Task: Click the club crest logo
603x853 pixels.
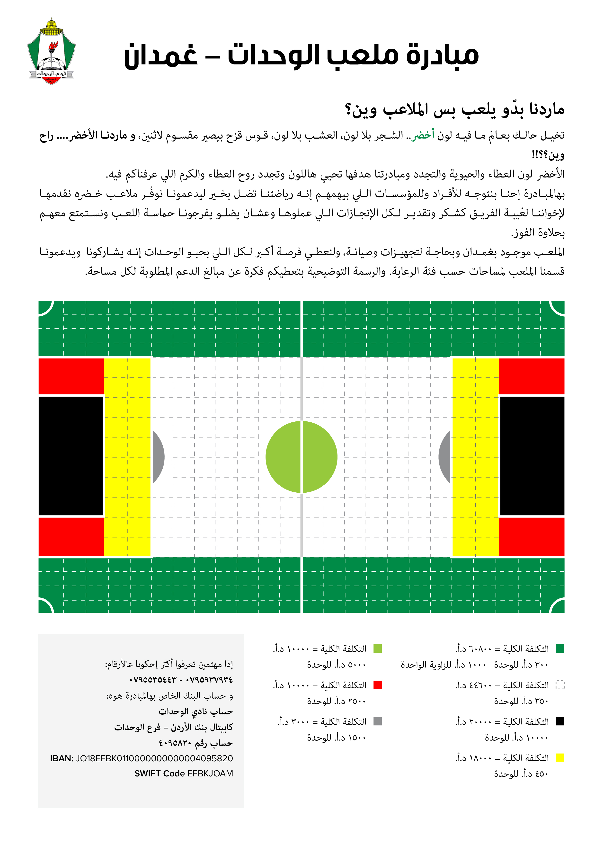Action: coord(51,52)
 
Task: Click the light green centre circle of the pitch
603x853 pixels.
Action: coord(301,457)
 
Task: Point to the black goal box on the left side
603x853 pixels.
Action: coord(71,456)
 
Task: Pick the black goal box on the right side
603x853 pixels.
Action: coord(532,456)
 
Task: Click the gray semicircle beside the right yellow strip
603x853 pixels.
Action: coord(444,457)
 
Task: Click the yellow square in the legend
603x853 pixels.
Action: coord(560,758)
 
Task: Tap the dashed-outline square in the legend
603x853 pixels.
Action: coord(560,685)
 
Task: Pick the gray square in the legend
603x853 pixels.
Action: coord(377,721)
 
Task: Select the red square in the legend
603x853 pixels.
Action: coord(377,685)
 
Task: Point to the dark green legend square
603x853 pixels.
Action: coord(560,649)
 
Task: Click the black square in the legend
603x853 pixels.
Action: coord(560,721)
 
